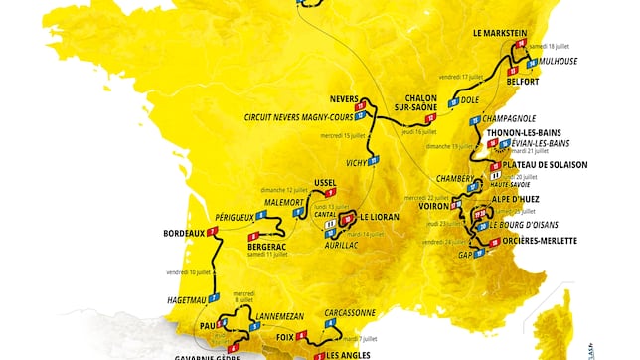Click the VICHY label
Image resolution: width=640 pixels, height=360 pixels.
point(352,162)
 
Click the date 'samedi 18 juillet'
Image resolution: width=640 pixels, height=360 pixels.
point(553,47)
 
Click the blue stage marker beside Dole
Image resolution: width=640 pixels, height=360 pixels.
point(453,101)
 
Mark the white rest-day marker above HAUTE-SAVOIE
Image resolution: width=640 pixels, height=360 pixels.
point(494,175)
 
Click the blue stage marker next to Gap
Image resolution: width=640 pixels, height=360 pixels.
point(480,253)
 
